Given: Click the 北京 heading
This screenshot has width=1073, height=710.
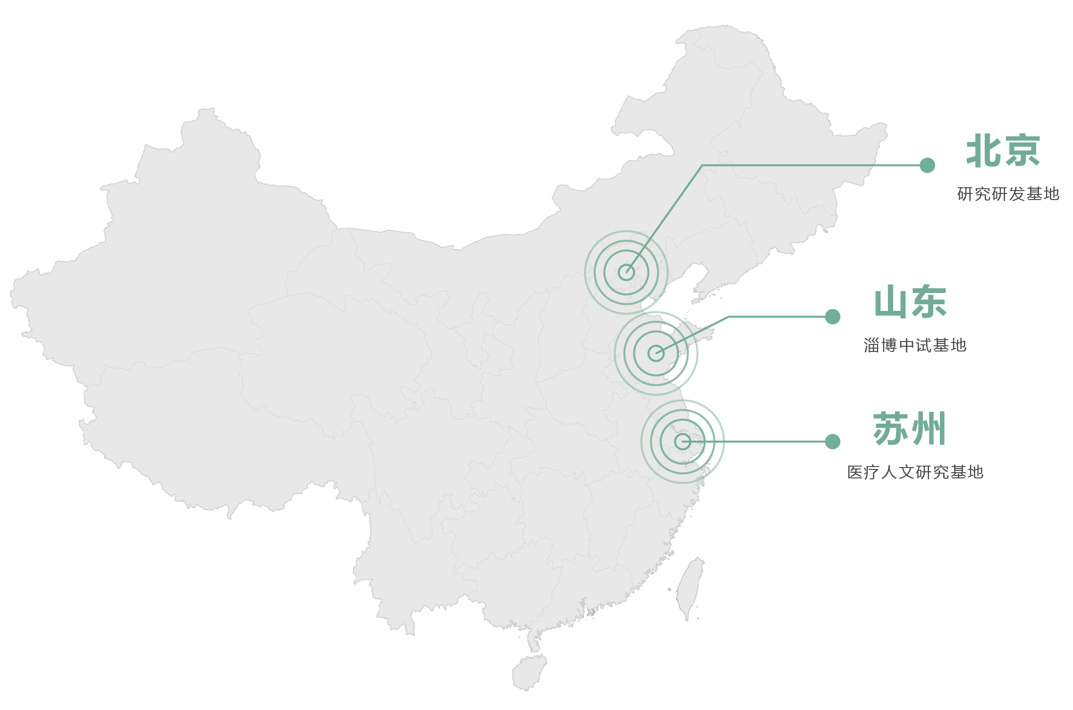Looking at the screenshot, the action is point(1003,150).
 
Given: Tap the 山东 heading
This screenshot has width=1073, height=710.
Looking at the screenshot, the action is point(911,301).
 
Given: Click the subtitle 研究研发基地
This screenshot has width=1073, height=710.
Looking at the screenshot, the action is point(1008,194).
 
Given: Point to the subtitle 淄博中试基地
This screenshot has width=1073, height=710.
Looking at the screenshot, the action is point(915,345).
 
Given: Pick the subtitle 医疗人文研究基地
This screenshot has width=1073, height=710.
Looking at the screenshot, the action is point(915,472).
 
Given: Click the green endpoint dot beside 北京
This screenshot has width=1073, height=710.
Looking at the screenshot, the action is point(927,165).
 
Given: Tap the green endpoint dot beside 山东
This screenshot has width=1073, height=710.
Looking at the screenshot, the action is point(832,317).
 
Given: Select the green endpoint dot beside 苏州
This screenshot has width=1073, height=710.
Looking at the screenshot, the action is point(832,442).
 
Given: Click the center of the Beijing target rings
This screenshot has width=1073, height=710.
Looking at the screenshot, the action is point(626,272).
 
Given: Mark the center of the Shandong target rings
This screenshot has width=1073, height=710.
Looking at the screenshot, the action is point(656,353).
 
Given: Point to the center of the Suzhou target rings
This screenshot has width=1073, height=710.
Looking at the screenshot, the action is point(683,442).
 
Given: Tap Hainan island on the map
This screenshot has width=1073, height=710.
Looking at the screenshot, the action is point(529,672).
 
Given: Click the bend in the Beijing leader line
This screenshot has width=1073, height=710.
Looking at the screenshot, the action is point(702,165).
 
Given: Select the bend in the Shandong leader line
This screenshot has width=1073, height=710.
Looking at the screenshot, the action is point(729,317).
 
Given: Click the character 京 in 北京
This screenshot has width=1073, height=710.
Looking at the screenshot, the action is point(1022,150).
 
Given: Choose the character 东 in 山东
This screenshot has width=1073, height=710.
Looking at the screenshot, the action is point(929,301).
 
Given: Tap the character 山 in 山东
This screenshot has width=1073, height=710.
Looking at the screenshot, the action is point(892,302).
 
